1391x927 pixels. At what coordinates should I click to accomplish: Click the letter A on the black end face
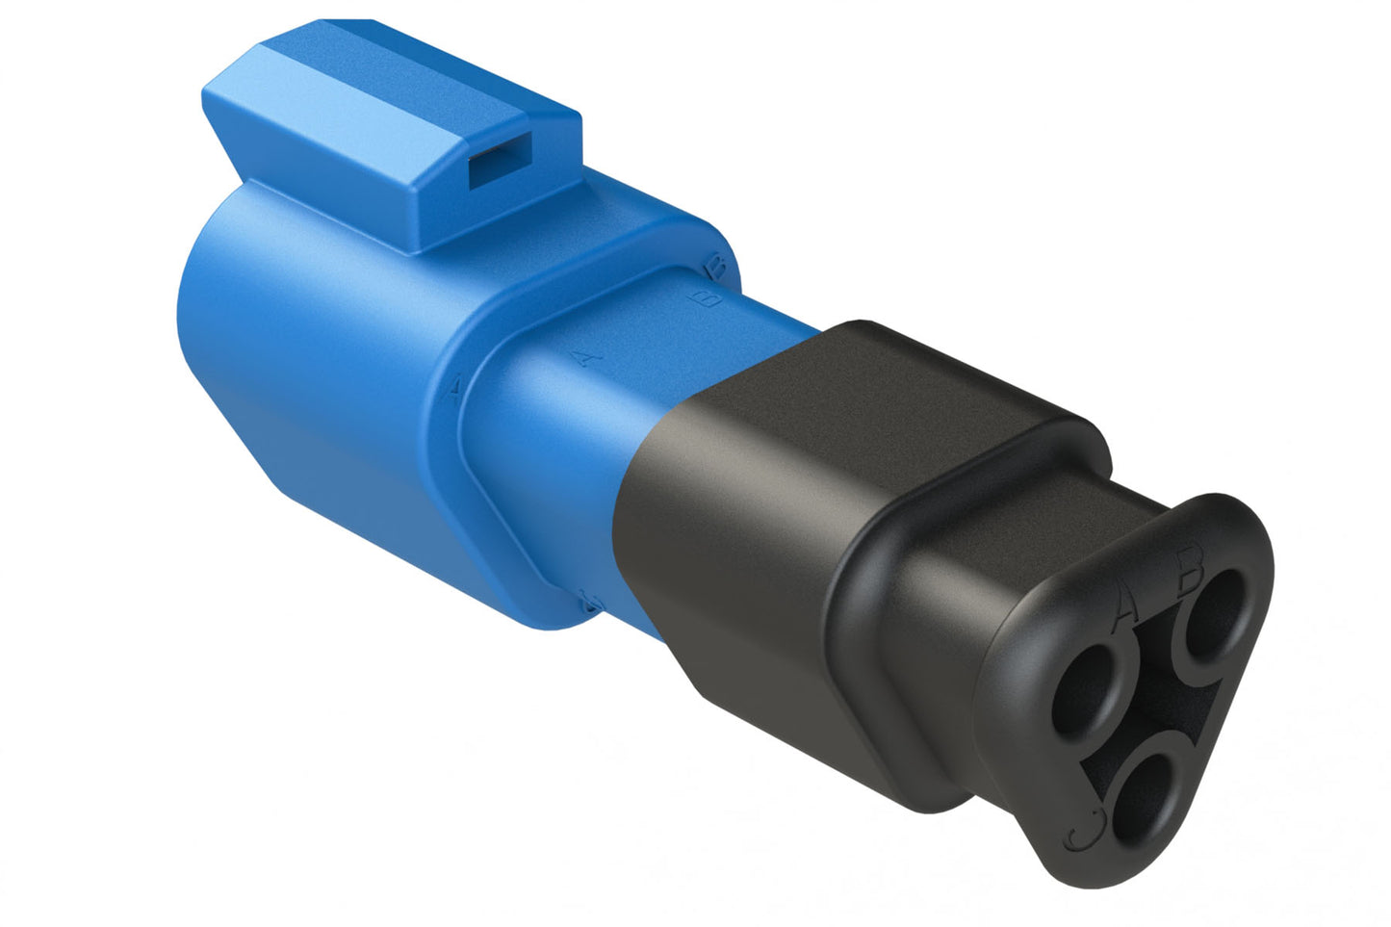point(1124,607)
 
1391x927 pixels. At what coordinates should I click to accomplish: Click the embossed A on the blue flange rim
point(454,388)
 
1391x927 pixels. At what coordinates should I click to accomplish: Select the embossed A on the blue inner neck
point(584,357)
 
